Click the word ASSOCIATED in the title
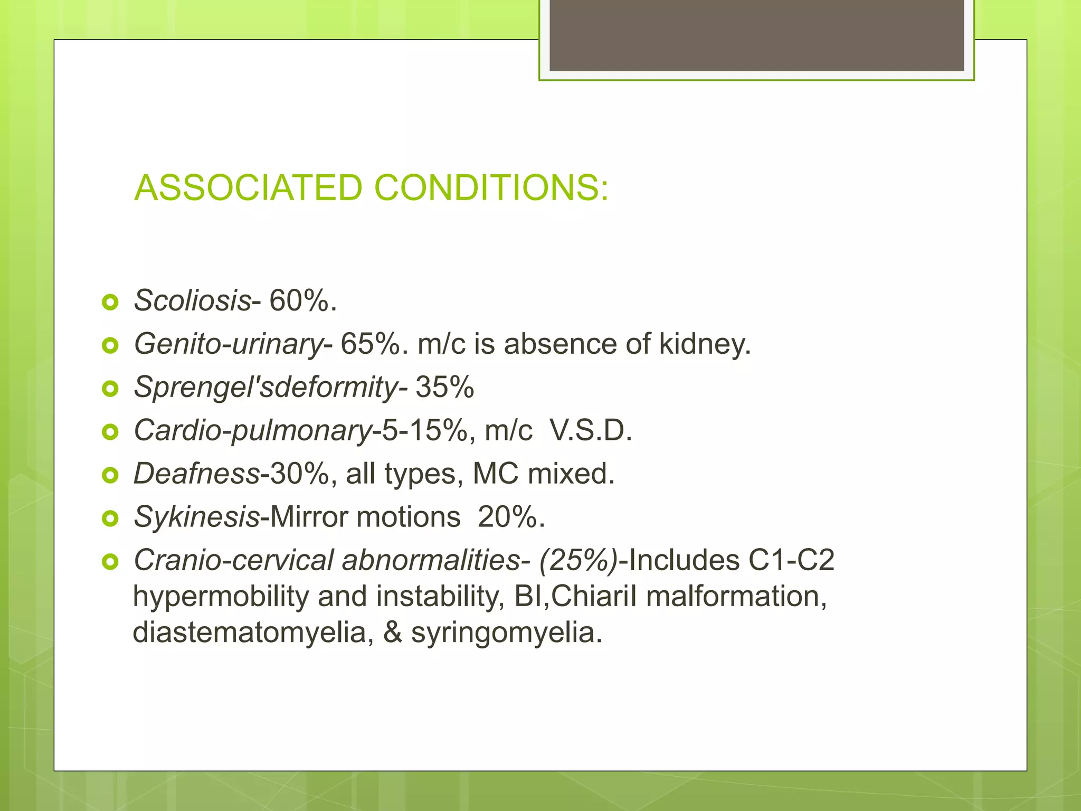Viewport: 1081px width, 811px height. click(248, 188)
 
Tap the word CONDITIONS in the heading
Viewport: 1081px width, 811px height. click(491, 188)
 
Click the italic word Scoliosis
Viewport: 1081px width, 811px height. click(192, 300)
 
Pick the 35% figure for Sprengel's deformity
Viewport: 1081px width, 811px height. click(444, 387)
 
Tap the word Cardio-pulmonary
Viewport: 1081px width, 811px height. click(253, 430)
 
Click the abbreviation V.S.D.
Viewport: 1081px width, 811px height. click(590, 430)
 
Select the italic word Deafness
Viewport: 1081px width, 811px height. click(196, 473)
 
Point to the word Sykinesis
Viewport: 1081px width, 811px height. click(196, 516)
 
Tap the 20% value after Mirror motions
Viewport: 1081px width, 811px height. click(510, 516)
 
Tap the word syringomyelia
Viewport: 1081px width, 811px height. click(506, 632)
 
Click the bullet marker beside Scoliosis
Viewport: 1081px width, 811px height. click(110, 303)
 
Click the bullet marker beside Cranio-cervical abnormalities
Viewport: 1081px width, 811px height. click(110, 562)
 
